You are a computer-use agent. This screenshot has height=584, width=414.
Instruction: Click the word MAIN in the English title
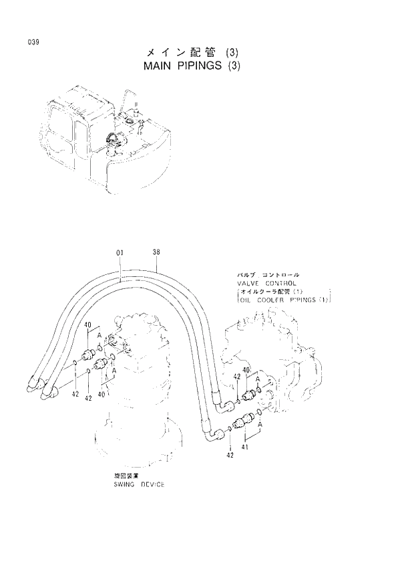coord(160,66)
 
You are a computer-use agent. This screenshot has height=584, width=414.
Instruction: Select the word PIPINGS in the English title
coord(204,66)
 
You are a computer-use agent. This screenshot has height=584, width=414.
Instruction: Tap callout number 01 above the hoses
coord(120,253)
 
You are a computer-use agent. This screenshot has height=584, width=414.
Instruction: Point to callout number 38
coord(156,253)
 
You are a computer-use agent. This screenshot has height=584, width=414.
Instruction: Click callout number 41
coord(245,448)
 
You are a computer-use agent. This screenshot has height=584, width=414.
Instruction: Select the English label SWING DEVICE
coord(139,484)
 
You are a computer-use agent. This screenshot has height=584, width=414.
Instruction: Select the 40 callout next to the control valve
coord(246,370)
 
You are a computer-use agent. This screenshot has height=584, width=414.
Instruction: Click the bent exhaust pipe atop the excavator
coord(124,97)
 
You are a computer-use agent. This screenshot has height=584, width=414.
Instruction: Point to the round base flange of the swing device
coord(134,442)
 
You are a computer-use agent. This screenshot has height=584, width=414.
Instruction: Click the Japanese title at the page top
coord(191,52)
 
